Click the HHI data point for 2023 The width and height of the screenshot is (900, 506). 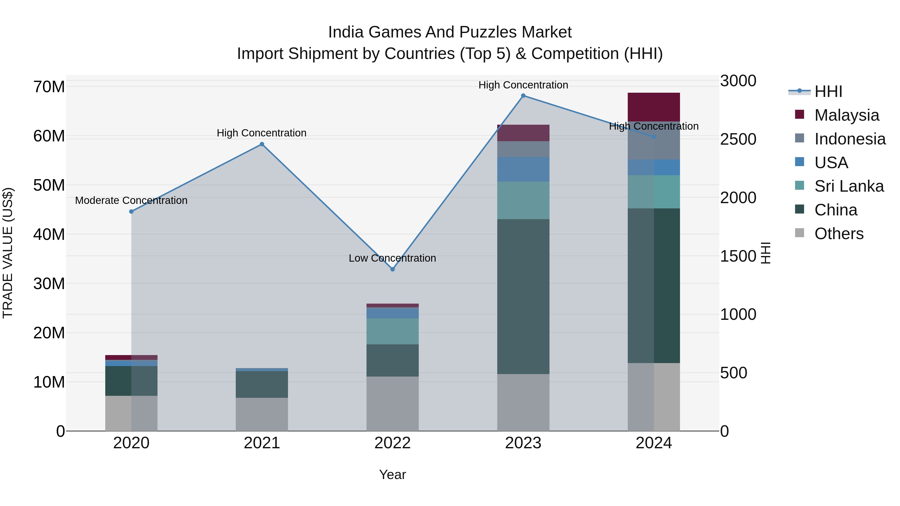[x=523, y=96]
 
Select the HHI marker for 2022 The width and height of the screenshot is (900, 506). [x=392, y=269]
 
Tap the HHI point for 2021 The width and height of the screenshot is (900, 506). [x=262, y=144]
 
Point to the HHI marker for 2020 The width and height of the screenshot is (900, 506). [x=131, y=212]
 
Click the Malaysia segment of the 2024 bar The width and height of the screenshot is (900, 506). [x=654, y=107]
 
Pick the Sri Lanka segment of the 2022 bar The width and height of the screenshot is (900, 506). [x=392, y=331]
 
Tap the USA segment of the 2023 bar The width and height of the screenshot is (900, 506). [x=523, y=169]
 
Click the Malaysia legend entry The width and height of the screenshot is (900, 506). [x=846, y=115]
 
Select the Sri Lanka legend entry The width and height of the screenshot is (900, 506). [x=849, y=186]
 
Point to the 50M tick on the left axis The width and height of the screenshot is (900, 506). [x=49, y=185]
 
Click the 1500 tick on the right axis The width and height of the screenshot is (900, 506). [x=738, y=256]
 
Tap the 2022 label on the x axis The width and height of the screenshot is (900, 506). [x=392, y=443]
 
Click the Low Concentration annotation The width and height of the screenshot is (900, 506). [x=392, y=258]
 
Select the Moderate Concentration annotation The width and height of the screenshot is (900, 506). [x=131, y=200]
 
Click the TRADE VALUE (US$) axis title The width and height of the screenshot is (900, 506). [x=8, y=253]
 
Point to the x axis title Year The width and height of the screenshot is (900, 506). [x=392, y=475]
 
